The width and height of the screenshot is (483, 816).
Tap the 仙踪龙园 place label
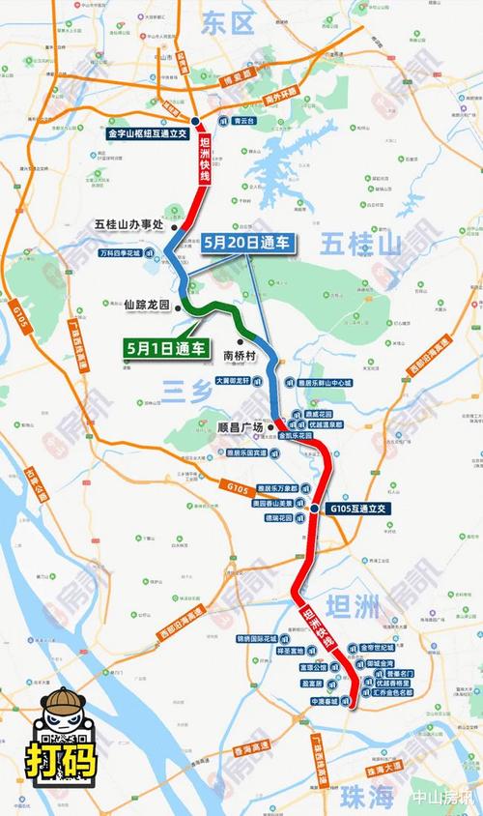point(147,303)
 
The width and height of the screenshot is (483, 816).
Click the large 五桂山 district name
point(360,246)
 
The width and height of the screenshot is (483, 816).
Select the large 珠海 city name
point(369,795)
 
